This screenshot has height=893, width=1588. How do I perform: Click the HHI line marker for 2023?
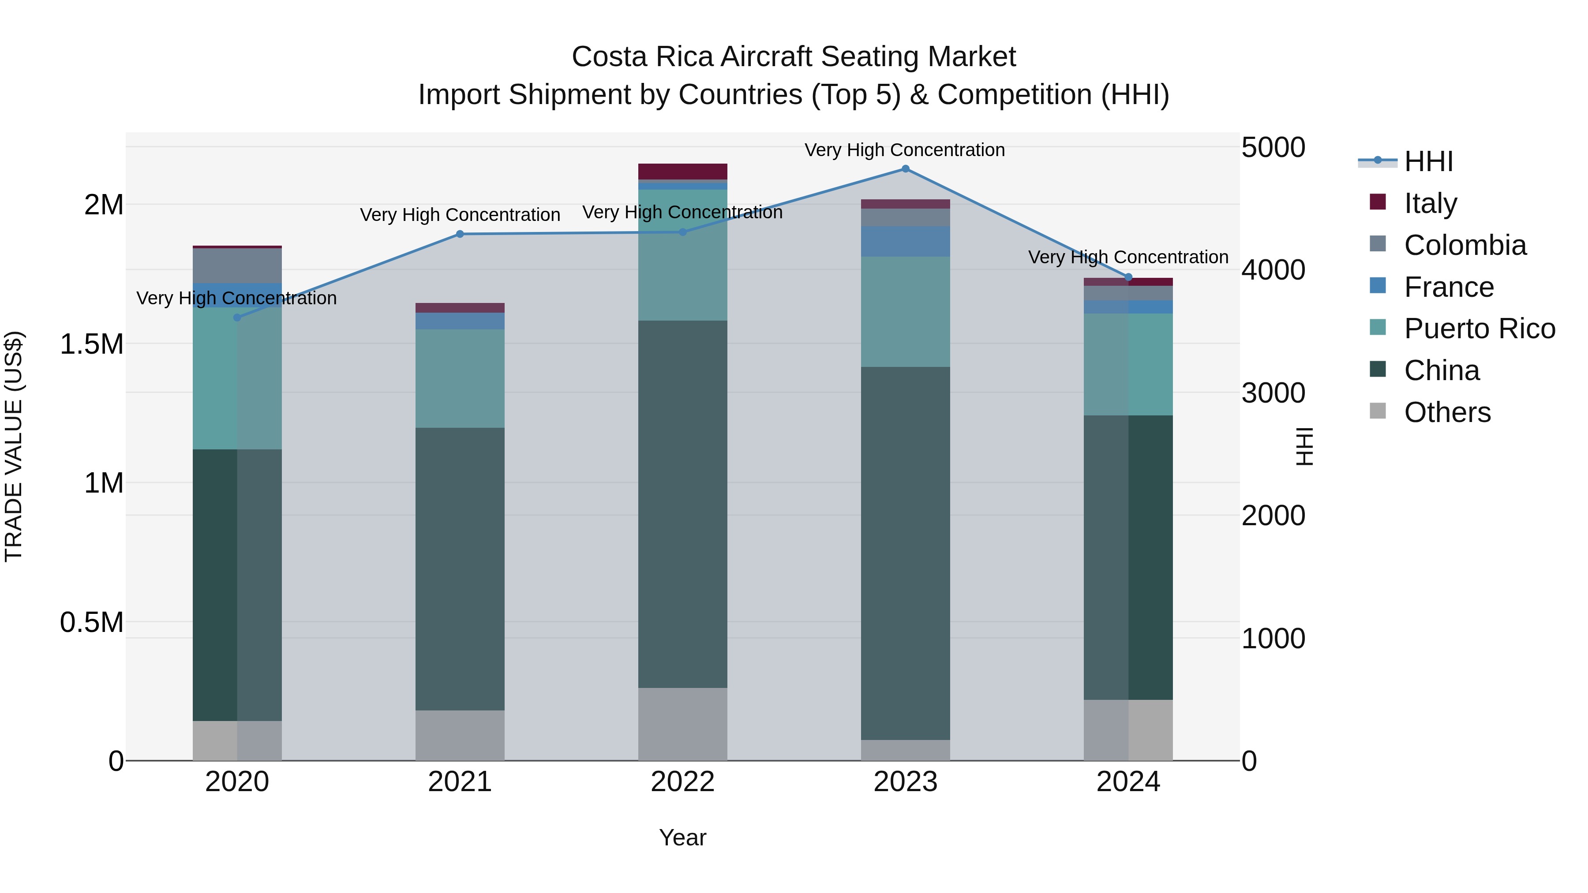coord(905,169)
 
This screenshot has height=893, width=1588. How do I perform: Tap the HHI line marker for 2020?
coord(237,318)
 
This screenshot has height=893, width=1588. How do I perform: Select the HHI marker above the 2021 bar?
coord(460,234)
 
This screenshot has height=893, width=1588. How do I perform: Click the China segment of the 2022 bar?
coord(682,504)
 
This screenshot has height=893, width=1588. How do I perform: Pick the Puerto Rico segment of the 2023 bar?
coord(905,312)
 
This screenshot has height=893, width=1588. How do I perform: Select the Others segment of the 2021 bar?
coord(460,735)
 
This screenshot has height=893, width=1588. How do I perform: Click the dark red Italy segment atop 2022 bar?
coord(682,172)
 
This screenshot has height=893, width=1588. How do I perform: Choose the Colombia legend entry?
coord(1464,245)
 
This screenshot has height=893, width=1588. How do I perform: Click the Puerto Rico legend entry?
coord(1479,329)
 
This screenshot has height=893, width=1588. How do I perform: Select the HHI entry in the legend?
coord(1428,161)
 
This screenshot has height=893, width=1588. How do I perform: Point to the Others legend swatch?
coord(1377,411)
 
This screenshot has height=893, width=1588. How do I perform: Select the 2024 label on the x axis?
coord(1128,782)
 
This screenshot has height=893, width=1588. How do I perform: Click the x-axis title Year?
coord(682,837)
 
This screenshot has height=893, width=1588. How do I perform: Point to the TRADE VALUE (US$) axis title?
coord(14,446)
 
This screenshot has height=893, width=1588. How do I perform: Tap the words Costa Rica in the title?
coord(643,57)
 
